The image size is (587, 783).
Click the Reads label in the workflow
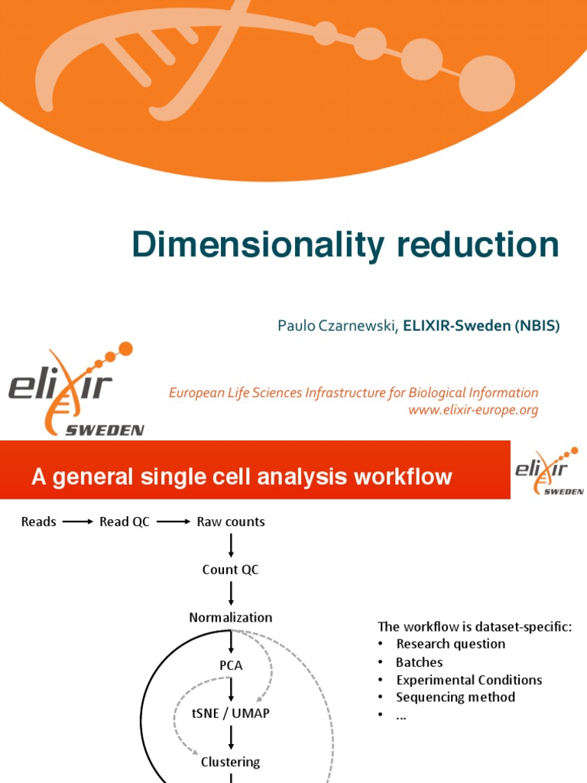[x=39, y=522]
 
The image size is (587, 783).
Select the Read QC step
[x=125, y=522]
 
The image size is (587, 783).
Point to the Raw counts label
[x=231, y=522]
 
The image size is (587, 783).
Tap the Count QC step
[x=231, y=570]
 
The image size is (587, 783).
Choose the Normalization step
[x=231, y=617]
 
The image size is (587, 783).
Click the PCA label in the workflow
[x=231, y=665]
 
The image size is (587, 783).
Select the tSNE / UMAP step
[x=231, y=713]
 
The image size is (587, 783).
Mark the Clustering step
[x=231, y=762]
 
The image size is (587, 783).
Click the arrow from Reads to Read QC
[x=78, y=522]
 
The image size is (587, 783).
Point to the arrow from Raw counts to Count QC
[x=231, y=546]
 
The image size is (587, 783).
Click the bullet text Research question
[x=450, y=644]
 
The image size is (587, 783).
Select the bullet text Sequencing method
[x=456, y=697]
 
